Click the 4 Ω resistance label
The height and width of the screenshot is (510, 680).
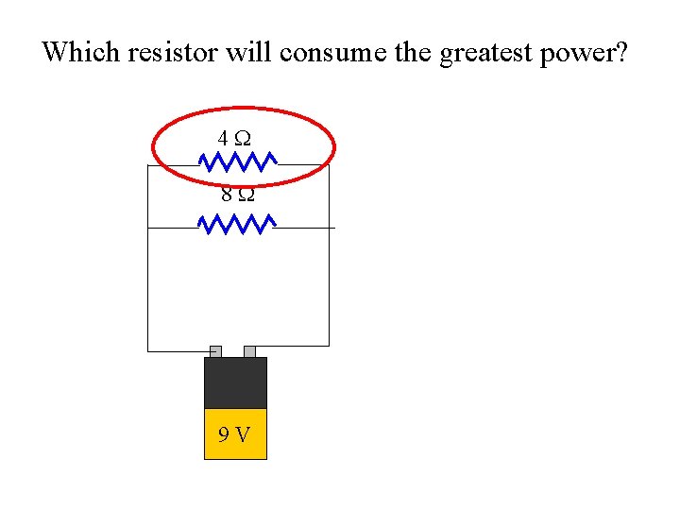234,138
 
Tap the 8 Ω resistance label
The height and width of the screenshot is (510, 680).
236,195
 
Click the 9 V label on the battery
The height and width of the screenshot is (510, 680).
234,434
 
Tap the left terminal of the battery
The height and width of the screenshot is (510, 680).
215,351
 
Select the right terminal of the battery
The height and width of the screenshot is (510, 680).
249,351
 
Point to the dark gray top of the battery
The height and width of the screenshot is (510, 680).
235,382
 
